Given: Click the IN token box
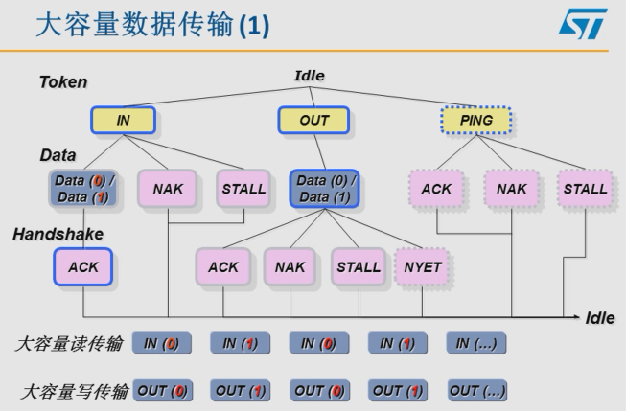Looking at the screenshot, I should (123, 121).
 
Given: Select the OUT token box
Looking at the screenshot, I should (313, 121).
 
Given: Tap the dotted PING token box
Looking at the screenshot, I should (475, 121).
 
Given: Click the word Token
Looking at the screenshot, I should (62, 83).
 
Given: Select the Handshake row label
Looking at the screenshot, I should (58, 233).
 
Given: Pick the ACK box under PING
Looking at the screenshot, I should (436, 189).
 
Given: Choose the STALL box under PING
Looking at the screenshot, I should (585, 189).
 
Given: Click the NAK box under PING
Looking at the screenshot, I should (510, 189).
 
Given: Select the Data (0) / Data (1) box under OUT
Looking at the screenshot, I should (327, 189).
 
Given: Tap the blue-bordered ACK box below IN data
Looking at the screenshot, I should (83, 267).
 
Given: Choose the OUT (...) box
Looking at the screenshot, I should (476, 390).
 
